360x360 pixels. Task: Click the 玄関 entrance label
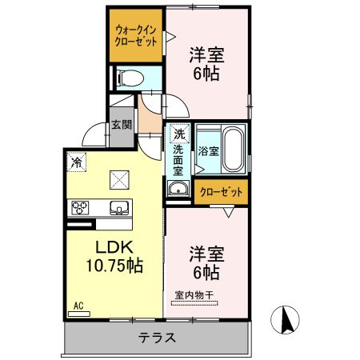point(122,125)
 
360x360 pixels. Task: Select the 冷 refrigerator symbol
point(76,161)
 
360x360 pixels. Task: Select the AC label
point(78,305)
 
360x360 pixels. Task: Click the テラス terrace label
point(158,337)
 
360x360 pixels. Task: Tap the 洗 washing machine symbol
point(178,134)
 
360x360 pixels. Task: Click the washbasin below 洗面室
point(178,190)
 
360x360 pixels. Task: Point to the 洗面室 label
point(178,159)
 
